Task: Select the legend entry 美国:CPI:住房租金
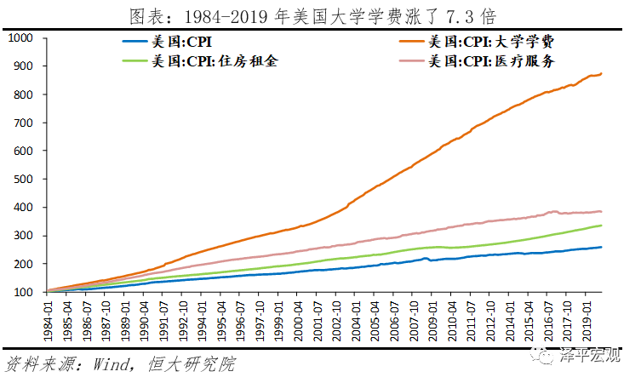point(213,61)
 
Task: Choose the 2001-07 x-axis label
point(318,320)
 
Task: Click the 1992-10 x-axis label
point(184,320)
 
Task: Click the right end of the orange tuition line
point(602,73)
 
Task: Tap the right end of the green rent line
point(602,226)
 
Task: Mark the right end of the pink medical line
point(602,211)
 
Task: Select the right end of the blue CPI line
point(602,247)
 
